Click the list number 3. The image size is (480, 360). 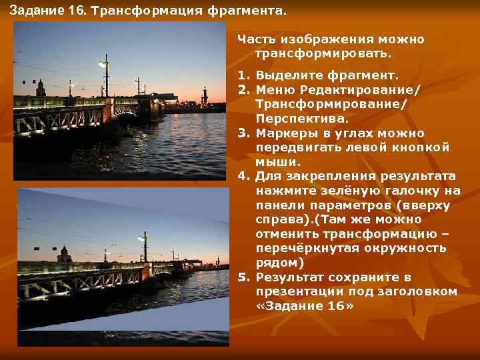point(243,133)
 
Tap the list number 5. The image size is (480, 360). point(243,277)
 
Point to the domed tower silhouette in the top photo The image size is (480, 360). point(41,87)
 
